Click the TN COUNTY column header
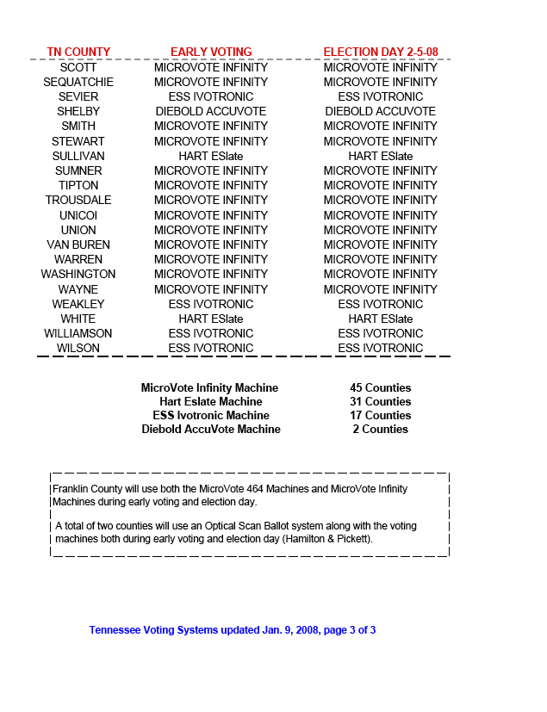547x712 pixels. coord(78,52)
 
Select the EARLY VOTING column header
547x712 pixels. coord(211,52)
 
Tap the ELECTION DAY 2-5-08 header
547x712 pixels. coord(381,52)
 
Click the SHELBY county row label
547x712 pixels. coord(78,111)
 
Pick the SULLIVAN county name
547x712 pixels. coord(78,156)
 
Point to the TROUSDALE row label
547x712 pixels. coord(78,200)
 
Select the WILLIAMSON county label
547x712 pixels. coord(78,333)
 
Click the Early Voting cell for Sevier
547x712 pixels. coord(211,96)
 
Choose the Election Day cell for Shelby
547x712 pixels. coord(381,111)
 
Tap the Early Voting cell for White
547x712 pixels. coord(211,319)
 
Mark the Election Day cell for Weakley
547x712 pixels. coord(381,304)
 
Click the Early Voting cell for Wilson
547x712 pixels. coord(211,348)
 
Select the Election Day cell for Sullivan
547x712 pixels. coord(381,156)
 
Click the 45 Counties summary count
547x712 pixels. coord(381,387)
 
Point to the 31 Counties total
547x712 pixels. coord(381,401)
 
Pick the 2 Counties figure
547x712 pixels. coord(381,429)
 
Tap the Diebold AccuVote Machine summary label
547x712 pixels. coord(211,429)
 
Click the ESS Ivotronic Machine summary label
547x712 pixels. coord(211,415)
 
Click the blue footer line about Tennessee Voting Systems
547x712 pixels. coord(233,630)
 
